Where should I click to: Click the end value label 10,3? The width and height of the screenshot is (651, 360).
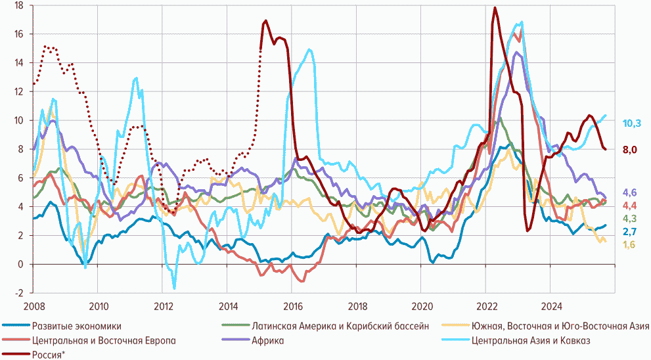(x=632, y=123)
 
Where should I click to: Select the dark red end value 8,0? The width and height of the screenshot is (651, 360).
(x=630, y=150)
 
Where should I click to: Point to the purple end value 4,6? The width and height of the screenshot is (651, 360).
(x=630, y=192)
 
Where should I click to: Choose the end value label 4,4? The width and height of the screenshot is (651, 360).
(x=630, y=206)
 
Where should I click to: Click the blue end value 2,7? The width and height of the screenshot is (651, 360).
(x=630, y=232)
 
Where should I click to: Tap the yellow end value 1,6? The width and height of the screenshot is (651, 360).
(x=630, y=245)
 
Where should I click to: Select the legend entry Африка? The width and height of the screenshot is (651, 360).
(x=267, y=340)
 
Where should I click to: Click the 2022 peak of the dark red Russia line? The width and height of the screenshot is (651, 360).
(x=495, y=8)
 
